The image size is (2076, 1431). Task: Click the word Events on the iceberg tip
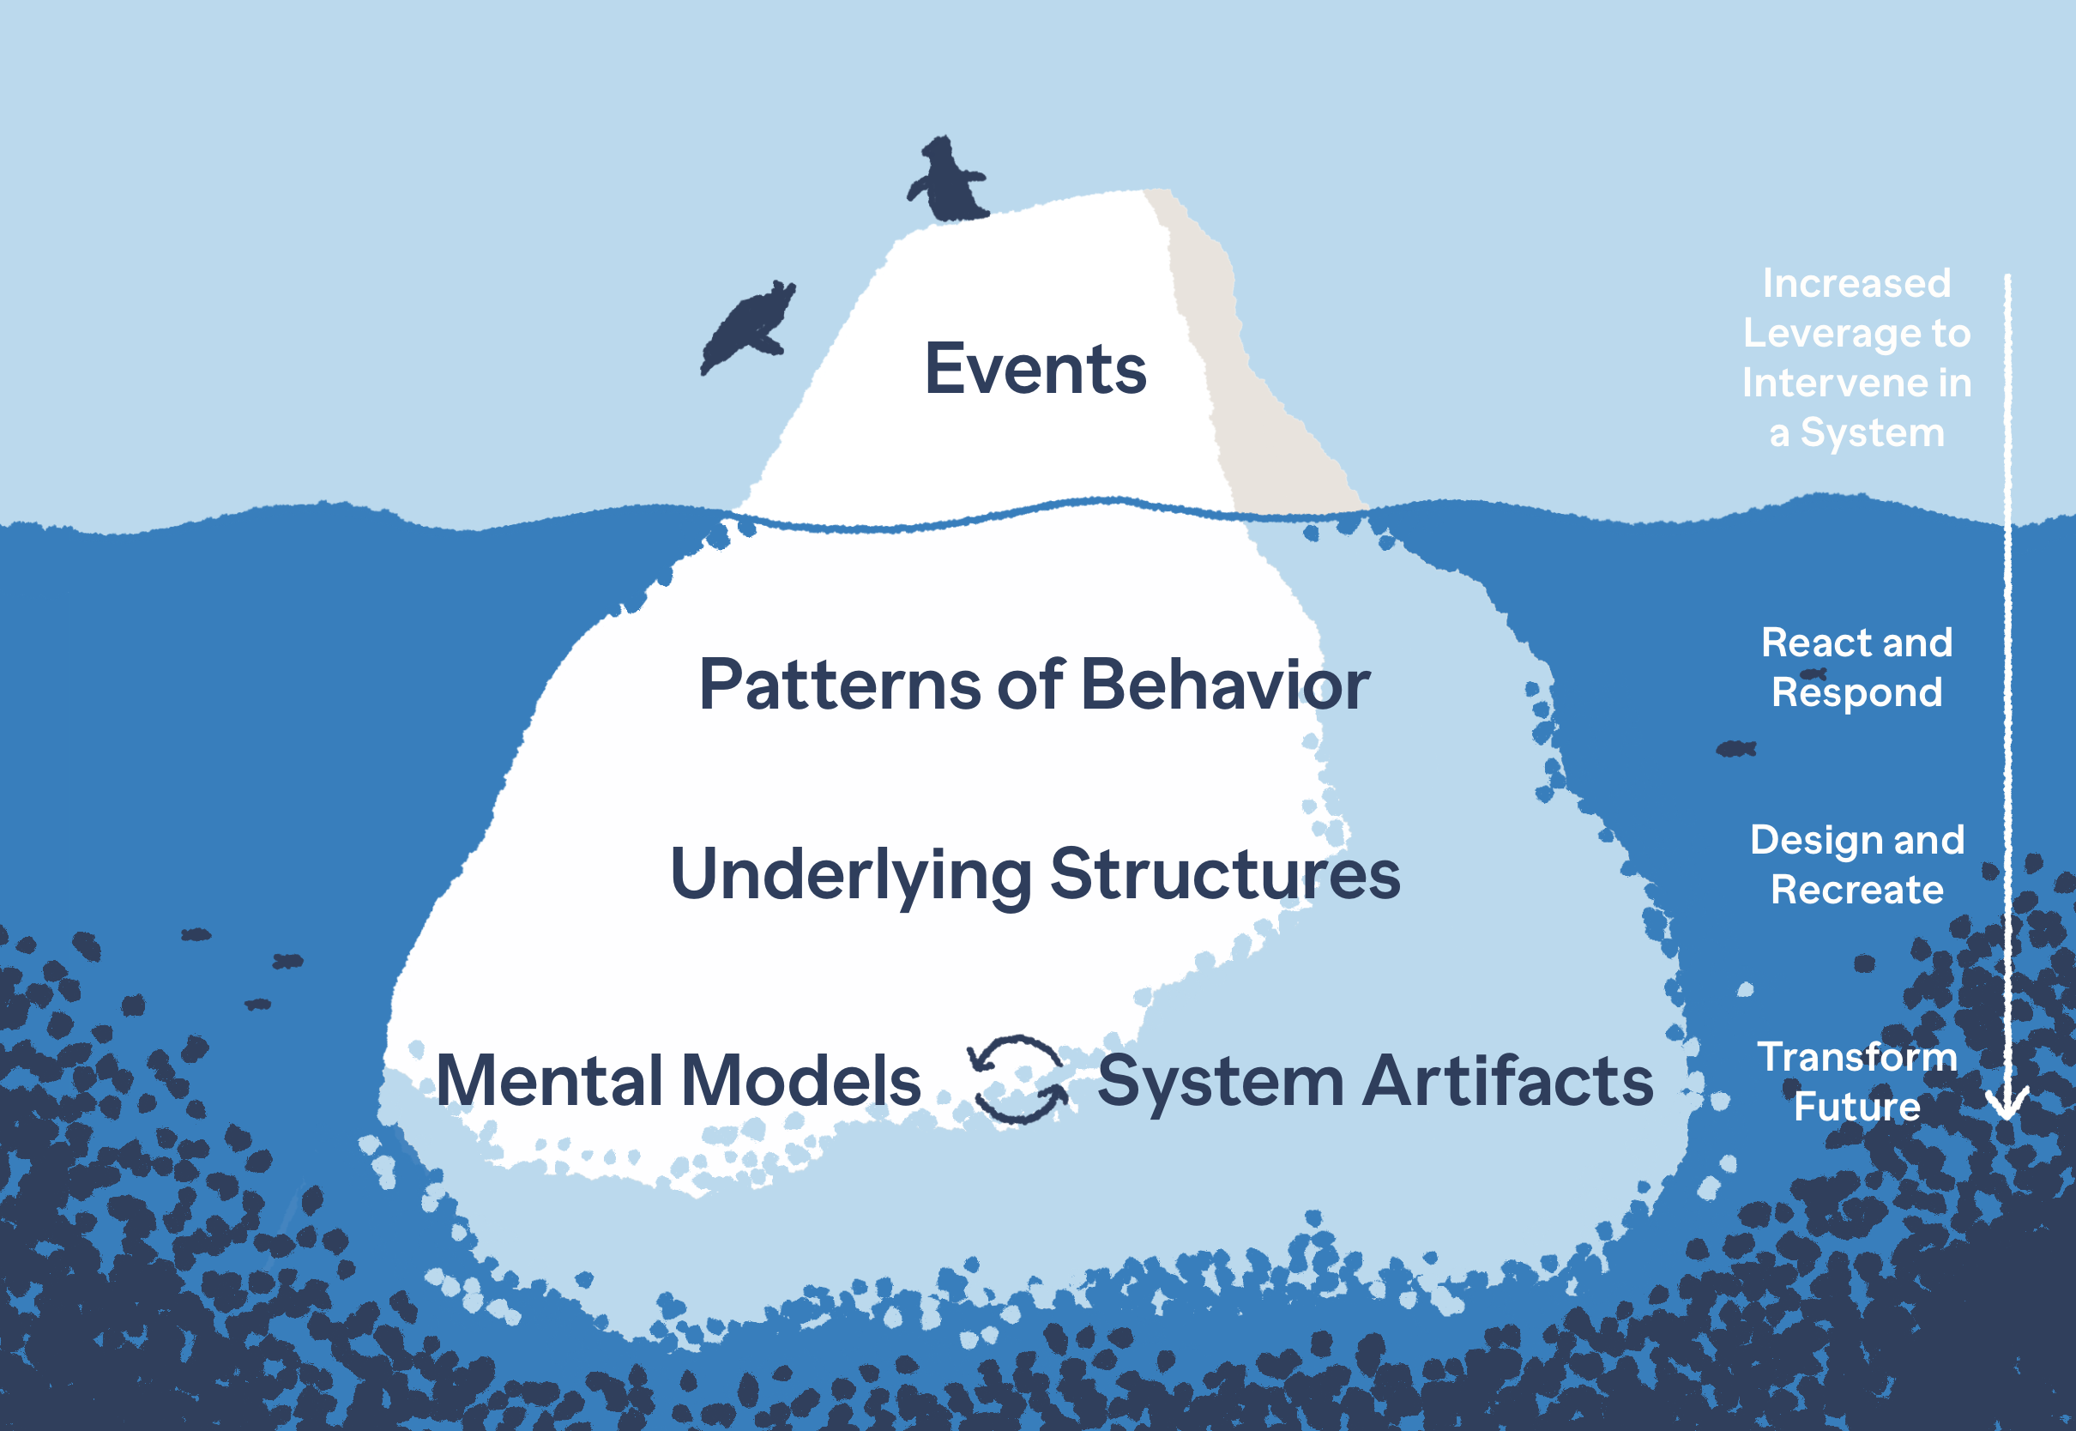coord(1035,370)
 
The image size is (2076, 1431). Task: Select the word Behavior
coord(1225,685)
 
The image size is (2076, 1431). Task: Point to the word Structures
coord(1224,874)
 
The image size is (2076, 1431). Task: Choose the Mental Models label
coord(679,1080)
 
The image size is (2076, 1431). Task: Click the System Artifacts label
coord(1375,1080)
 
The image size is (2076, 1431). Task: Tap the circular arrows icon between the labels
coord(1017,1079)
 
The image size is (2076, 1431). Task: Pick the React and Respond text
coord(1856,668)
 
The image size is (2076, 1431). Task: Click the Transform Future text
coord(1856,1082)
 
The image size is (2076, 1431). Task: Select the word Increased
coord(1856,283)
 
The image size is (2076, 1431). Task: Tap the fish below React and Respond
coord(1735,749)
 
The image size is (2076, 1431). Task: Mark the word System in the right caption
coord(1873,434)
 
